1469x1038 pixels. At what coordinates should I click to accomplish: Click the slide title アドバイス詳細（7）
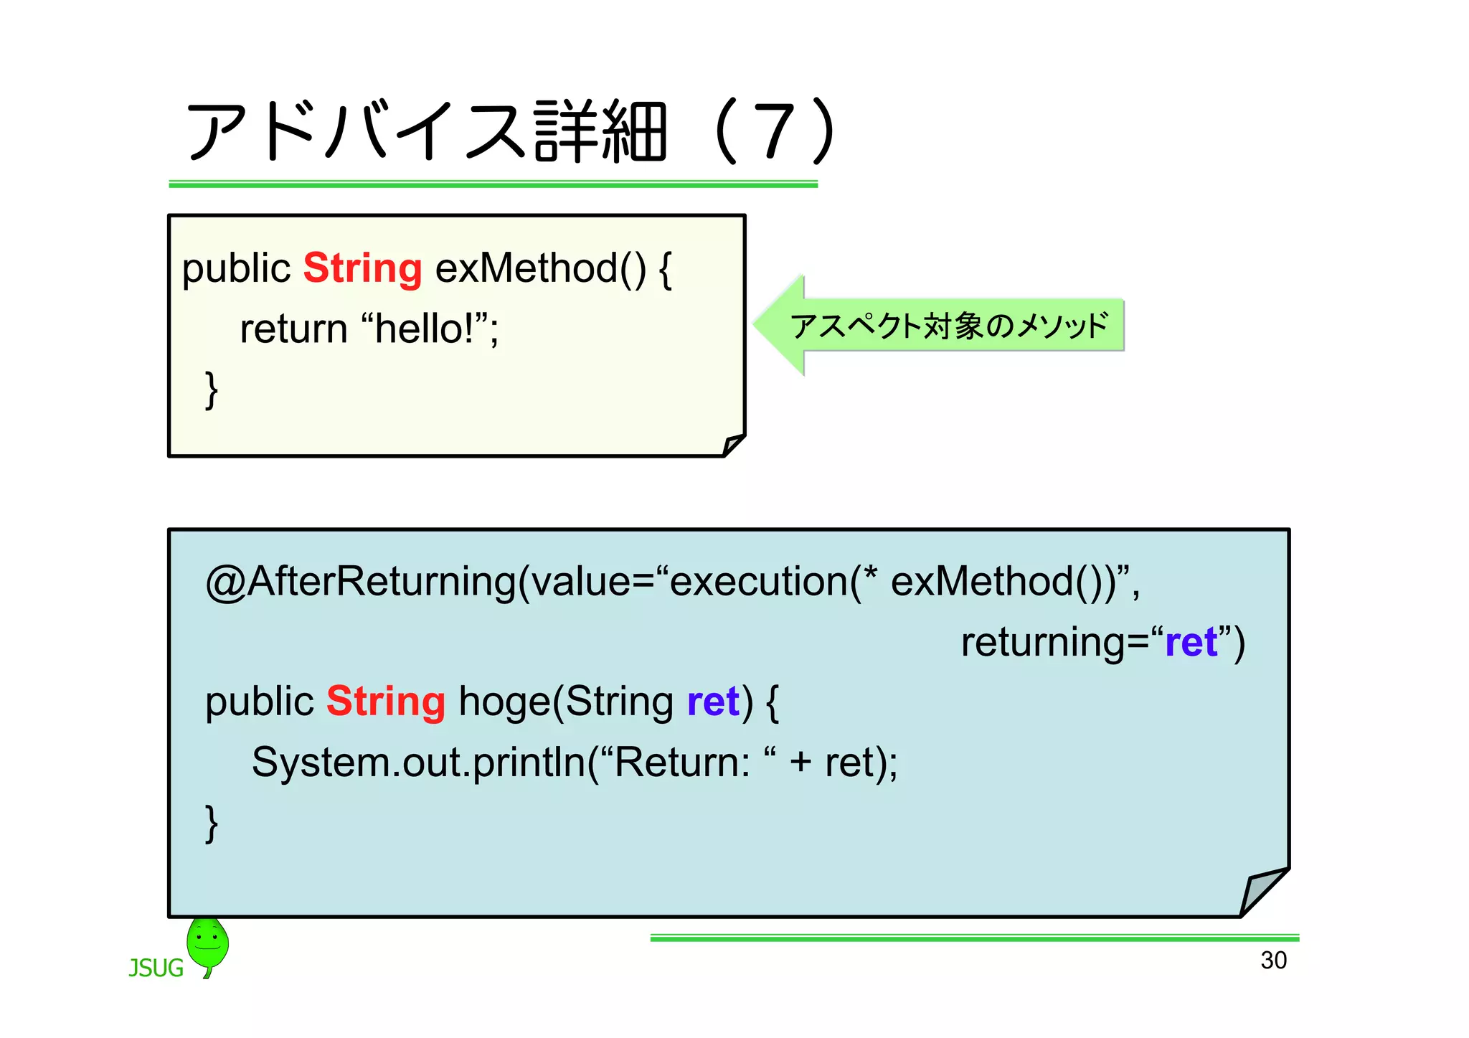(509, 131)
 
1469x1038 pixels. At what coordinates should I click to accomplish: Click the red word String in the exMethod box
(362, 269)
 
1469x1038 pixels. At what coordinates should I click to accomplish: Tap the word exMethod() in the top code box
(540, 269)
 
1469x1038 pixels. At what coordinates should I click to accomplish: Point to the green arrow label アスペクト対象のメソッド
(948, 326)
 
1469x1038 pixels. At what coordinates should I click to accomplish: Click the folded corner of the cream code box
(732, 445)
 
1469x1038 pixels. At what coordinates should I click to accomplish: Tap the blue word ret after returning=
(1191, 642)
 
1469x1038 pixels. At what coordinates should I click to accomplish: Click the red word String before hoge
(386, 702)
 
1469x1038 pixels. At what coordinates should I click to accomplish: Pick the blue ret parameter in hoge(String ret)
(712, 702)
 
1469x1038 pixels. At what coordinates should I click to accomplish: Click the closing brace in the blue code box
(211, 823)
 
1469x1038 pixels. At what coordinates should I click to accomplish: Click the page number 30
(1273, 960)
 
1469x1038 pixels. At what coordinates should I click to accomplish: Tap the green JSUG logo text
(156, 968)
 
